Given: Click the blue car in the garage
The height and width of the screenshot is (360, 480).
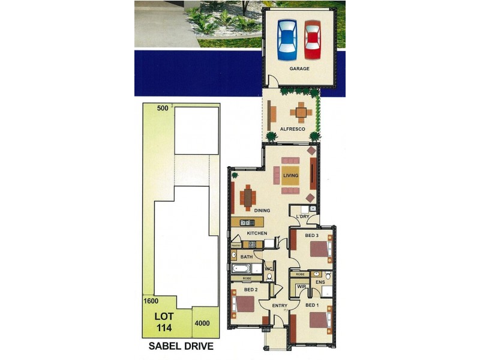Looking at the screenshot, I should click(x=287, y=40).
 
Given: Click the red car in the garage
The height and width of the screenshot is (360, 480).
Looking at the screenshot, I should click(x=313, y=40).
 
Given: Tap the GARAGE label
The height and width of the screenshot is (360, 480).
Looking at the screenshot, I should click(x=299, y=69).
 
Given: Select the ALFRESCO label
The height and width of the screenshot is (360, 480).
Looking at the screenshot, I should click(x=293, y=129).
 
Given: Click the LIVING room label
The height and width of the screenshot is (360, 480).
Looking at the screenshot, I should click(x=291, y=175).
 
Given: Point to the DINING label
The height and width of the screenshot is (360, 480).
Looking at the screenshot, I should click(x=262, y=211).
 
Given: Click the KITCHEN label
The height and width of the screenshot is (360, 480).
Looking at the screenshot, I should click(x=257, y=233).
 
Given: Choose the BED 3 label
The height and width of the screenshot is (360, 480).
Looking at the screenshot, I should click(x=311, y=235).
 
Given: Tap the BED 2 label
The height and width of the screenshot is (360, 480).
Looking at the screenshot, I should click(x=251, y=289).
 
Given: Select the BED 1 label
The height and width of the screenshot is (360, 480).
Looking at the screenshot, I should click(x=311, y=305).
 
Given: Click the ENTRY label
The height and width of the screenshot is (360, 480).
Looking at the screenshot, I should click(x=280, y=306).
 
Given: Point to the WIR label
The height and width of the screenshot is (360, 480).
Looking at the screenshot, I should click(x=301, y=287).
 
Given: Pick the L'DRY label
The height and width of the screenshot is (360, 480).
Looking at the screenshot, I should click(x=303, y=216).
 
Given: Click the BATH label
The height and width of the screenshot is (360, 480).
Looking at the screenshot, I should click(x=247, y=257).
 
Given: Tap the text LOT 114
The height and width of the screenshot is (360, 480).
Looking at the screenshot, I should click(x=164, y=322).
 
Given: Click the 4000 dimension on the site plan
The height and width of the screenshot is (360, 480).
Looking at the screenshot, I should click(x=202, y=323).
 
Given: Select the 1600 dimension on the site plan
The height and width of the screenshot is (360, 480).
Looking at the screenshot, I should click(x=150, y=302).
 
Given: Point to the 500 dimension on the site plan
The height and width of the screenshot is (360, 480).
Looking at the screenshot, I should click(x=162, y=108).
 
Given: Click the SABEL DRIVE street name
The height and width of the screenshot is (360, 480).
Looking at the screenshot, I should click(x=181, y=347).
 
